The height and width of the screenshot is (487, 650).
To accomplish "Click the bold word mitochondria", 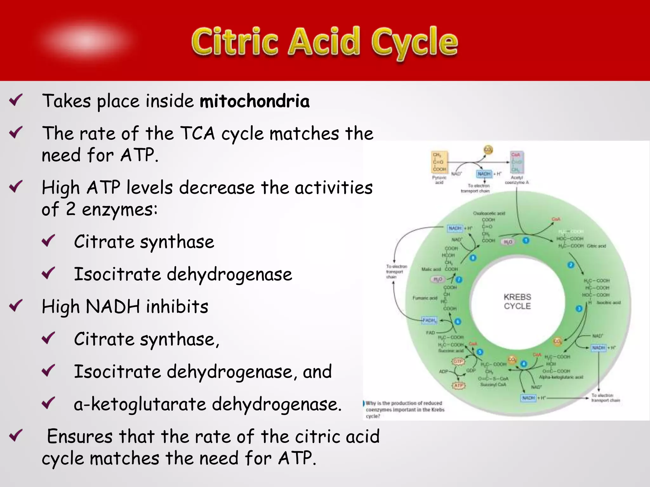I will [255, 101].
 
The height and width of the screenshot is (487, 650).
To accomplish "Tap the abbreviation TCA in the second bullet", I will [197, 133].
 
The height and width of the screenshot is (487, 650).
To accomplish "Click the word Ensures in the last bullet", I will [80, 436].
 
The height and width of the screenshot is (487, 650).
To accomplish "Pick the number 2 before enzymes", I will [70, 209].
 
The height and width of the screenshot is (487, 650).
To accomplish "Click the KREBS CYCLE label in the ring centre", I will [517, 302].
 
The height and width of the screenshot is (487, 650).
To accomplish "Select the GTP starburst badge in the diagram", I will [458, 361].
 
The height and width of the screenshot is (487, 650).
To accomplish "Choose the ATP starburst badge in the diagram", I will [458, 386].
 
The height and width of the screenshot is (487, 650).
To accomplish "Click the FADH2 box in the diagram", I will [429, 320].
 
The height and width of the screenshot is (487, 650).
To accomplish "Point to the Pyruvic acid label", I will [439, 180].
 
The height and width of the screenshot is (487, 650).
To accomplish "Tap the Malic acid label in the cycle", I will [431, 269].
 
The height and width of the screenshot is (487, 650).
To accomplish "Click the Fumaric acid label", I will [425, 298].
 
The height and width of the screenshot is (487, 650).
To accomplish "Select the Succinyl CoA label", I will [493, 385].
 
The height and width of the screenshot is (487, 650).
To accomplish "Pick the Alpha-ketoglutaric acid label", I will [561, 377].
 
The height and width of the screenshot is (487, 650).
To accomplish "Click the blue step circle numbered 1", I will [526, 241].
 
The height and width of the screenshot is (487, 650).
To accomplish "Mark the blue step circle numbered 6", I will [458, 321].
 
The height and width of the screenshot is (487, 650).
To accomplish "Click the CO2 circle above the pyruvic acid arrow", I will [488, 150].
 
